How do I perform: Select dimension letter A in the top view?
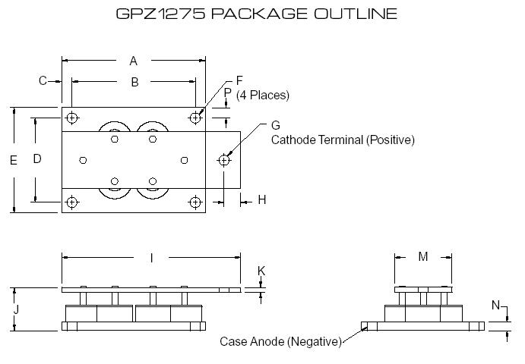tap(134, 61)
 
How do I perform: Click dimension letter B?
tap(134, 82)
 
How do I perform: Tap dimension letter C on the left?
tap(43, 80)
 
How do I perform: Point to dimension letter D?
tap(36, 158)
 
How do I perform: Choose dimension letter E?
tap(14, 160)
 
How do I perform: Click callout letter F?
tap(239, 80)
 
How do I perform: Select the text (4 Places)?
tap(263, 95)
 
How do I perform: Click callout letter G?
tap(275, 125)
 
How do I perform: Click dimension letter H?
tap(262, 200)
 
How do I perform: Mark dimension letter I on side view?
tap(151, 259)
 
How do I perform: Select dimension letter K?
tap(261, 271)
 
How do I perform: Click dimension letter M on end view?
tap(423, 257)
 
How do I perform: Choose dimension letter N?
tap(495, 306)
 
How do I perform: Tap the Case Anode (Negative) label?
tap(280, 341)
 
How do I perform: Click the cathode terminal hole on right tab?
tap(224, 160)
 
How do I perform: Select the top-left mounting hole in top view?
tap(72, 118)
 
